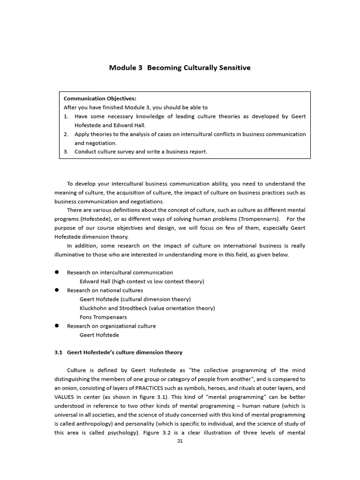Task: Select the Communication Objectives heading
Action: pos(100,98)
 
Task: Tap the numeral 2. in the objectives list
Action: pos(66,134)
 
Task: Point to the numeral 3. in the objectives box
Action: pos(66,152)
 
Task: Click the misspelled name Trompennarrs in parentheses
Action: pos(259,219)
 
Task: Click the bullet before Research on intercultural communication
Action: pos(57,272)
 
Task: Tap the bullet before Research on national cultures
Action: pos(57,290)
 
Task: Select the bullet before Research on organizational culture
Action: pos(57,326)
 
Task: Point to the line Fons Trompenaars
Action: pos(103,317)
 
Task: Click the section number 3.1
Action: pos(59,352)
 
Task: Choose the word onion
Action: pos(70,388)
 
